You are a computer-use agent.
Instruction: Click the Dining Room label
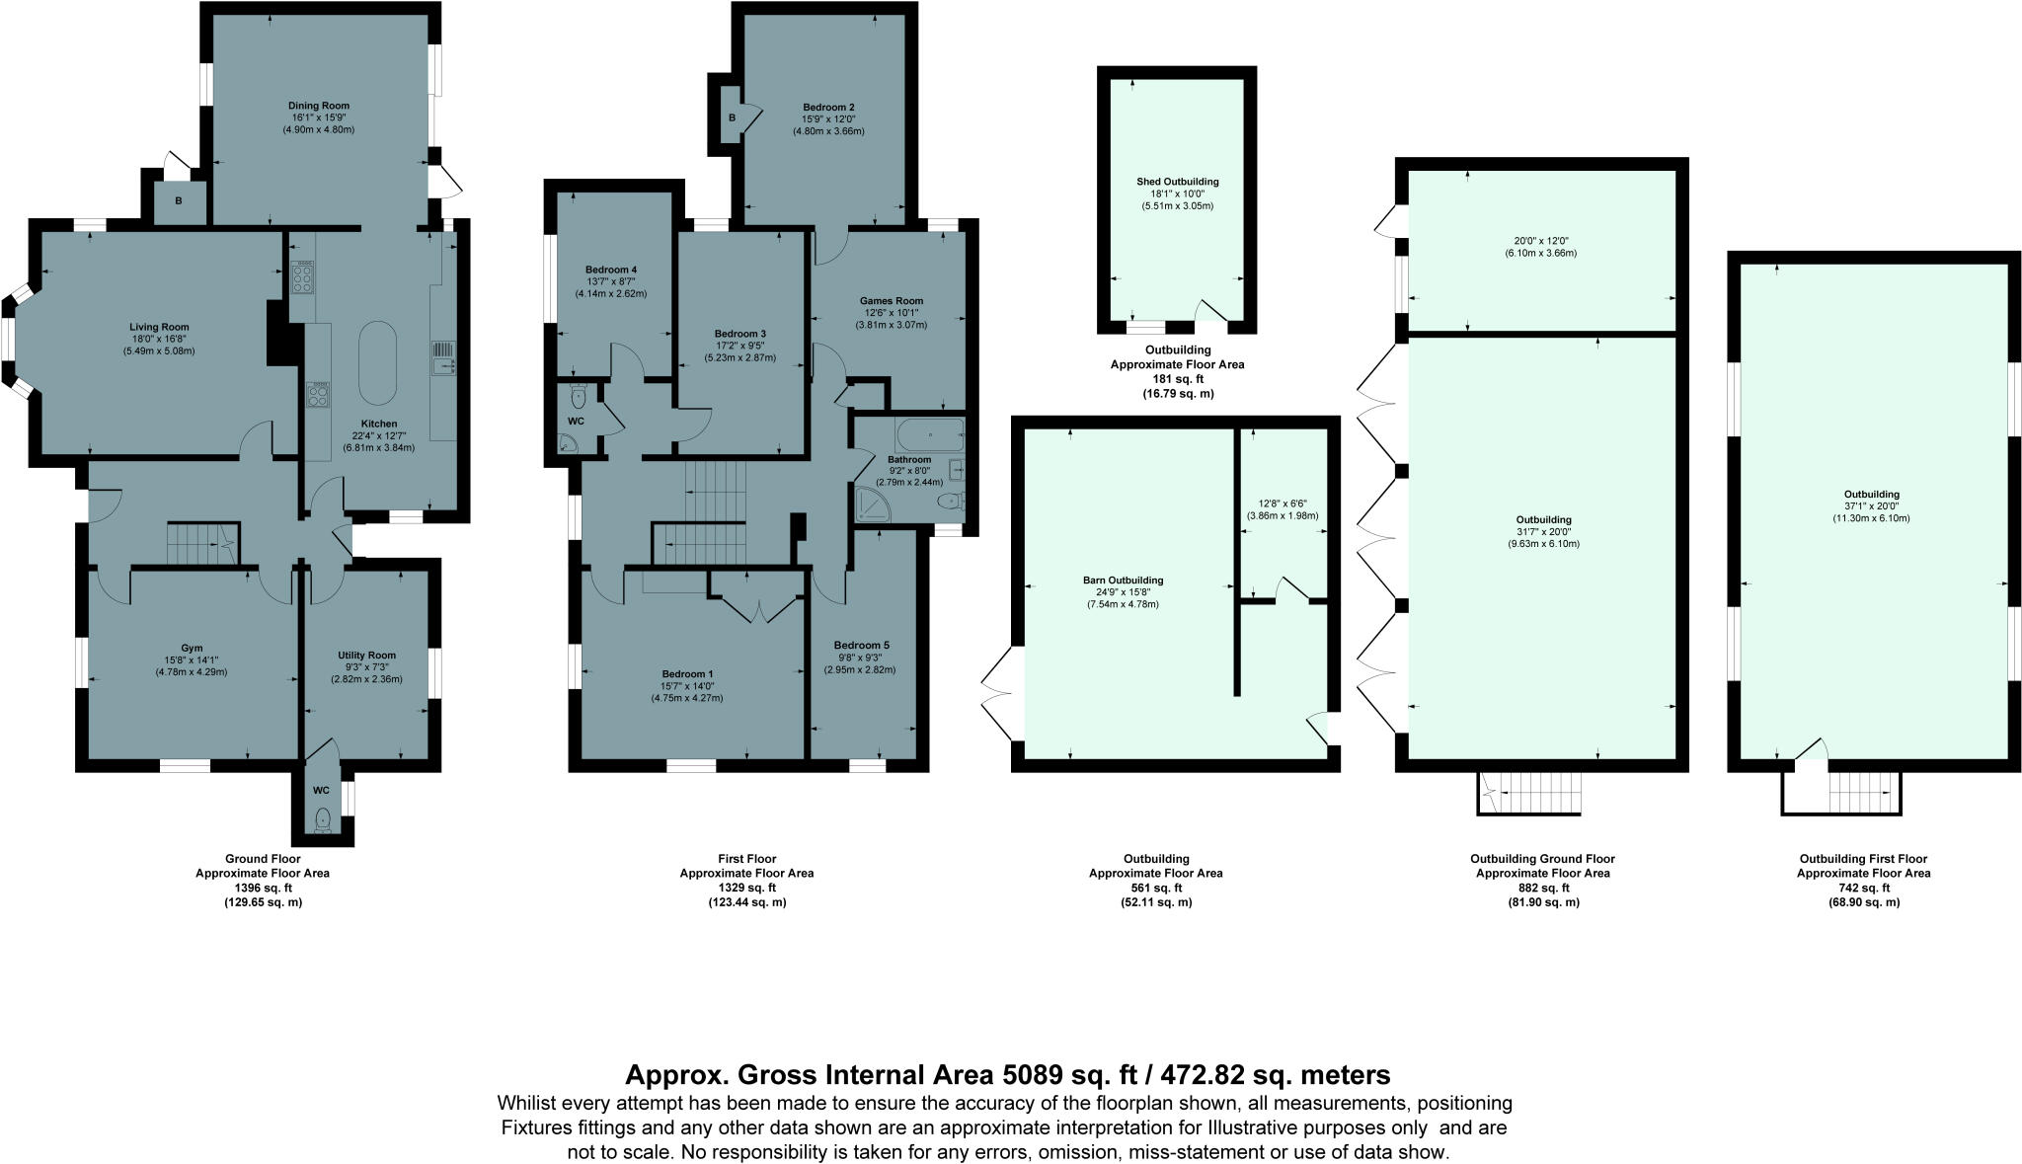[x=319, y=106]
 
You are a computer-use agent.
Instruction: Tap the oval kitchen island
[x=375, y=361]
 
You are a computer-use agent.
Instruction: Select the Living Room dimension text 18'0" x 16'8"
[x=159, y=339]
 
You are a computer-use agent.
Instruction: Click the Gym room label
[x=192, y=649]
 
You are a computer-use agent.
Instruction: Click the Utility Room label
[x=366, y=655]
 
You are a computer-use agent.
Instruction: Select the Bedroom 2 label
[x=828, y=107]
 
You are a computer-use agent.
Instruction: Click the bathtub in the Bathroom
[x=928, y=435]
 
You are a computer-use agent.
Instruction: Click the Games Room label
[x=892, y=301]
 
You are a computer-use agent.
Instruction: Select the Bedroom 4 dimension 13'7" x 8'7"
[x=611, y=281]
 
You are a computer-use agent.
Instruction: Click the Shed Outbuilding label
[x=1178, y=182]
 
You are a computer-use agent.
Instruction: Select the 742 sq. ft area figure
[x=1863, y=888]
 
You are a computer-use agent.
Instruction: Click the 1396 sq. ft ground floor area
[x=262, y=888]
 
